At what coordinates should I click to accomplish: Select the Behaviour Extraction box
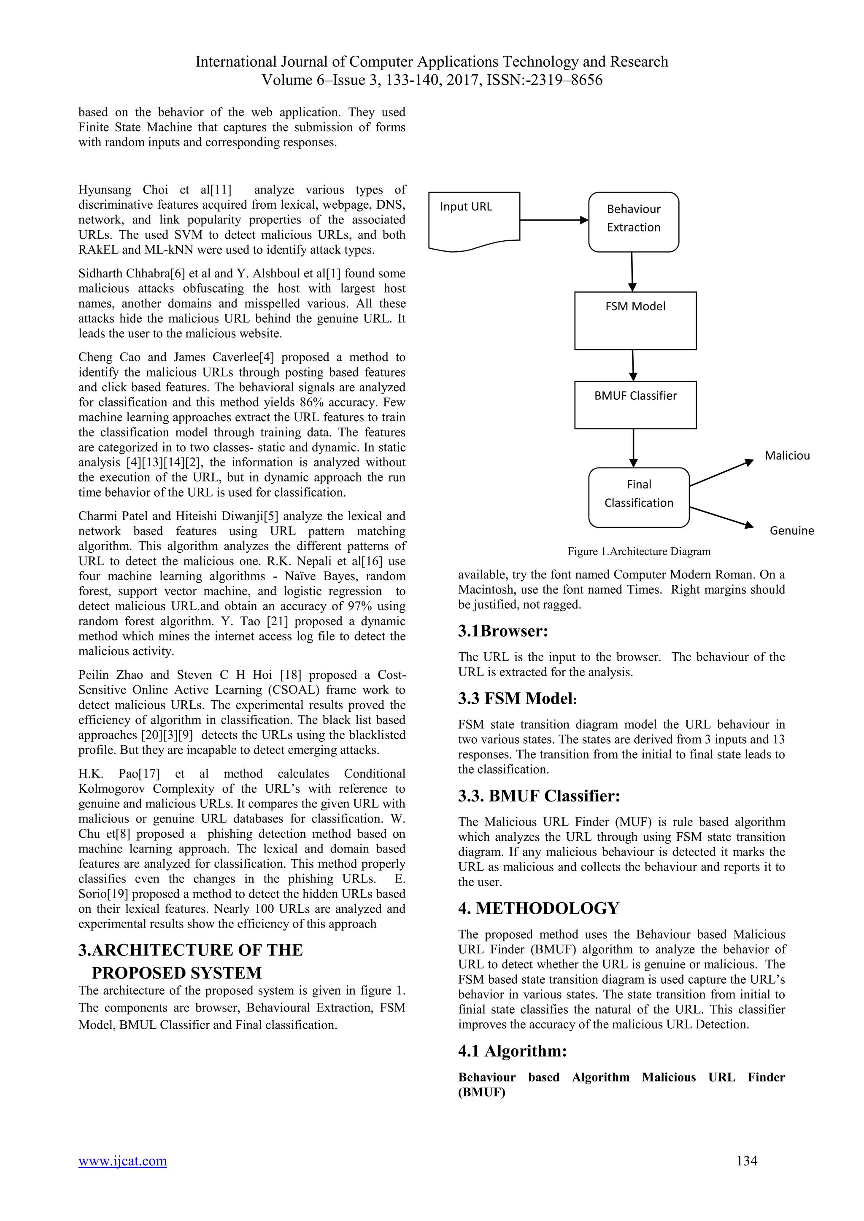[x=633, y=222]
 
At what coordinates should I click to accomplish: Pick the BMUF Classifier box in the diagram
[x=635, y=405]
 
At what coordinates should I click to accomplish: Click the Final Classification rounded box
[x=638, y=497]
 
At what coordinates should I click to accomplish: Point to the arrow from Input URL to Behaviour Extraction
[x=553, y=220]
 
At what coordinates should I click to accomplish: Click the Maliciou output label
[x=787, y=456]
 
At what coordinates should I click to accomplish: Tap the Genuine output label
[x=791, y=531]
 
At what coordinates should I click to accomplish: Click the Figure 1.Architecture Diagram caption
[x=638, y=551]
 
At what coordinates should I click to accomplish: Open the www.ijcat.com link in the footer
[x=122, y=1161]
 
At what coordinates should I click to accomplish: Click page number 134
[x=746, y=1160]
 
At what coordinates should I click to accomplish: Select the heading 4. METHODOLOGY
[x=538, y=908]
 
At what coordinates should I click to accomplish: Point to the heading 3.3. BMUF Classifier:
[x=539, y=796]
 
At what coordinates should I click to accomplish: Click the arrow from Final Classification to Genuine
[x=721, y=516]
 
